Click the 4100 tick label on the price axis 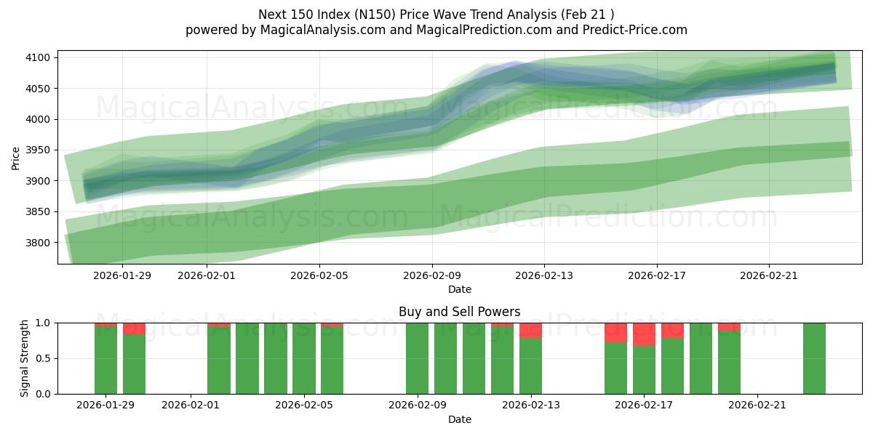(x=38, y=58)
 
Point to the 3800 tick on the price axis (x=38, y=243)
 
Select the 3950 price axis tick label (x=38, y=150)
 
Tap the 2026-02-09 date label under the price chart (x=432, y=275)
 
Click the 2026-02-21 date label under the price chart (x=770, y=275)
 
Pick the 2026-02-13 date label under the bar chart (x=530, y=405)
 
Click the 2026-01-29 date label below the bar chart (x=105, y=405)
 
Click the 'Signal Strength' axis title (x=25, y=358)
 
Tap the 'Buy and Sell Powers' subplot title (x=459, y=312)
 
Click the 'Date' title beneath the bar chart (x=459, y=419)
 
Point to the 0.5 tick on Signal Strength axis (x=44, y=358)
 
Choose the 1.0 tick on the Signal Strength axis (x=44, y=323)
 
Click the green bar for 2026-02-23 (x=814, y=358)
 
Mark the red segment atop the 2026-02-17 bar (x=644, y=334)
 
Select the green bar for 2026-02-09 (x=417, y=358)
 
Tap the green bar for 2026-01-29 (x=105, y=360)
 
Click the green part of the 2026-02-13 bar (x=530, y=366)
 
